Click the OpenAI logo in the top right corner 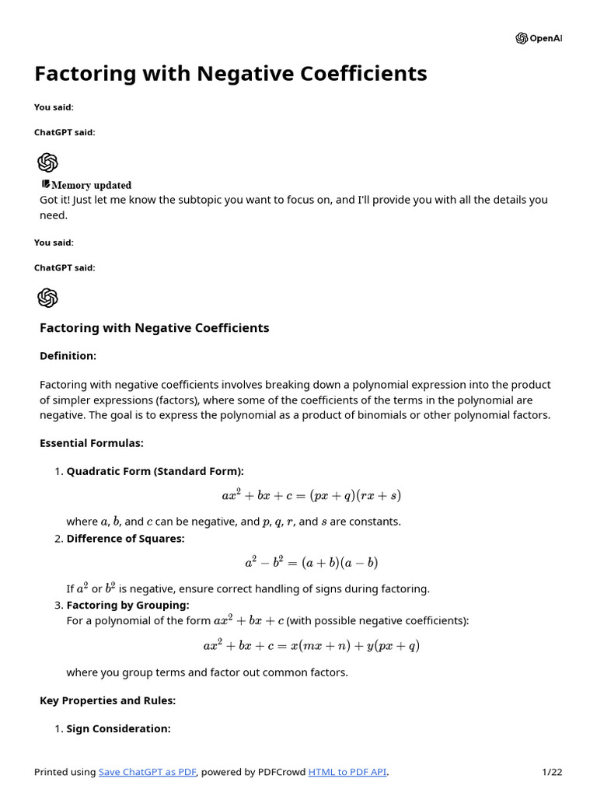pyautogui.click(x=538, y=38)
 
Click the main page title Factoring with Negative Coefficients pyautogui.click(x=230, y=74)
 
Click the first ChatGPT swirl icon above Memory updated pyautogui.click(x=48, y=162)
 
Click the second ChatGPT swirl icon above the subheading pyautogui.click(x=48, y=298)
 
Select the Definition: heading pyautogui.click(x=68, y=356)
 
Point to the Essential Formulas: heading pyautogui.click(x=92, y=443)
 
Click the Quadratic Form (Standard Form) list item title pyautogui.click(x=155, y=471)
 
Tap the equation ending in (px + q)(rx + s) pyautogui.click(x=311, y=495)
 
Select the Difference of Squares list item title pyautogui.click(x=125, y=539)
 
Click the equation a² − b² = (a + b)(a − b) pyautogui.click(x=311, y=562)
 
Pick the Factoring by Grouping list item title pyautogui.click(x=127, y=605)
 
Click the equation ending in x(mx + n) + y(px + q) pyautogui.click(x=311, y=645)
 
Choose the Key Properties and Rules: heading pyautogui.click(x=107, y=700)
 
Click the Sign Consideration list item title pyautogui.click(x=118, y=728)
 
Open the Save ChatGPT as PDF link pyautogui.click(x=148, y=772)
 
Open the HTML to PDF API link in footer pyautogui.click(x=347, y=772)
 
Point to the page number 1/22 pyautogui.click(x=551, y=772)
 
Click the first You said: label pyautogui.click(x=54, y=107)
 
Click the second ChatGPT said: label pyautogui.click(x=65, y=267)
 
